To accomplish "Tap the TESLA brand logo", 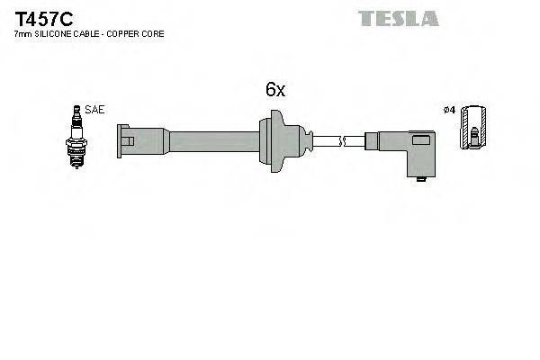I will pos(399,18).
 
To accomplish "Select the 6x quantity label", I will pos(274,89).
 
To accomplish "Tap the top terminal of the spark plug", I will pos(76,112).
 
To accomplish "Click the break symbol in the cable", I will pos(342,139).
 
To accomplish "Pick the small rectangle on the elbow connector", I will pos(420,140).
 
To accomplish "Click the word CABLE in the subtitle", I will pos(87,33).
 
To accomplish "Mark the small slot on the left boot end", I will pos(131,140).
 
